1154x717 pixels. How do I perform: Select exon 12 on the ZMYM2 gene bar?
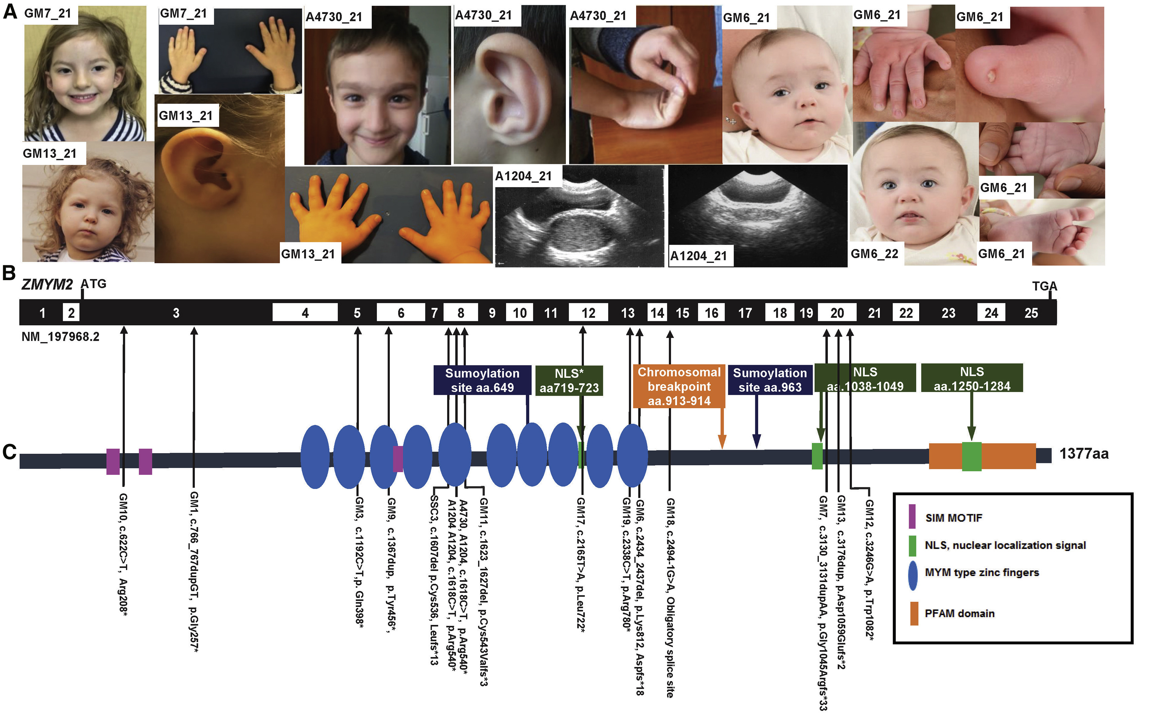point(588,313)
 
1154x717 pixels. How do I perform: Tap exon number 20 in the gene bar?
point(837,313)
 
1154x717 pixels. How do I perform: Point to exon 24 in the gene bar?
point(991,313)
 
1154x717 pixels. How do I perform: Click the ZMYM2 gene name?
point(47,285)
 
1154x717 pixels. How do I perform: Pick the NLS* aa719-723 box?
point(569,381)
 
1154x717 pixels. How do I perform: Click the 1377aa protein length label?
point(1083,454)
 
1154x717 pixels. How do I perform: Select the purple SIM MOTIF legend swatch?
point(912,517)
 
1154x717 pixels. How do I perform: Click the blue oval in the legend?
point(912,575)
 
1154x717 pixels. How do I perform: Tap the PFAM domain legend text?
point(959,614)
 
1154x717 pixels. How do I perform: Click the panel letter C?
point(9,452)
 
